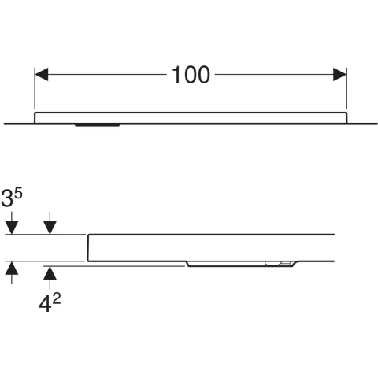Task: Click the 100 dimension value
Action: click(x=191, y=75)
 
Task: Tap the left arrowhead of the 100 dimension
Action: click(x=42, y=74)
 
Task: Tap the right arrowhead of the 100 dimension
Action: click(x=340, y=74)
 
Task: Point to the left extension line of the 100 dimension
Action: click(x=35, y=88)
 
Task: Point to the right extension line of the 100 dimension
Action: click(x=346, y=88)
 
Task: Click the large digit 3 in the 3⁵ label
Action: click(x=7, y=198)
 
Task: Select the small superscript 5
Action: click(x=18, y=194)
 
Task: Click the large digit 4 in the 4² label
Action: click(x=45, y=304)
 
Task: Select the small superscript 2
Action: click(x=57, y=298)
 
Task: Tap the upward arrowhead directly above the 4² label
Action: click(x=50, y=273)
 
